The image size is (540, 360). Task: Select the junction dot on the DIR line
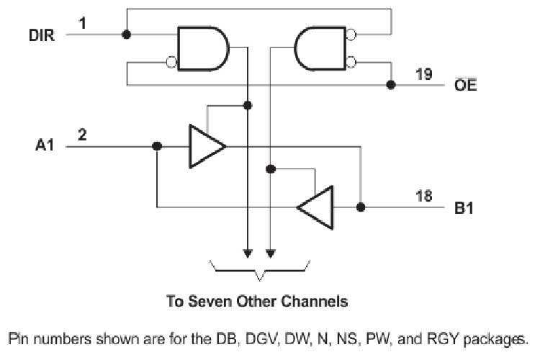[x=127, y=34]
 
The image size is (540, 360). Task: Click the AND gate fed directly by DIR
[x=203, y=49]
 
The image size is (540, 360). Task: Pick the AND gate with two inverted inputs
[x=320, y=49]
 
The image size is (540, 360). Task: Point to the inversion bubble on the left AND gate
[x=172, y=63]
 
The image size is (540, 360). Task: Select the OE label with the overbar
[x=464, y=86]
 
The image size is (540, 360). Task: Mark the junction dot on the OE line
[x=391, y=85]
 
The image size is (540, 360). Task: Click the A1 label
[x=45, y=146]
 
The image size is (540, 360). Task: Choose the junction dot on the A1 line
[x=157, y=146]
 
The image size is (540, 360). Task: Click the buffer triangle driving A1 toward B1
[x=206, y=146]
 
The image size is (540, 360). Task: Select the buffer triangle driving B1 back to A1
[x=316, y=207]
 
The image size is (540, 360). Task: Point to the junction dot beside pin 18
[x=361, y=207]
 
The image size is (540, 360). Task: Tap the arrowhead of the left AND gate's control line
[x=247, y=253]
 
